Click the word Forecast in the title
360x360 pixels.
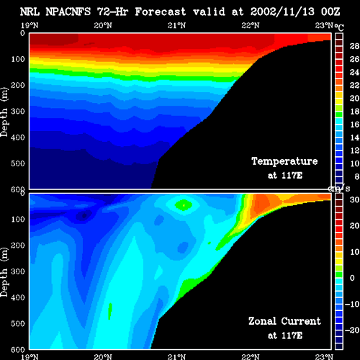point(161,12)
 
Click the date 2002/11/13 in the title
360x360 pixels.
point(282,12)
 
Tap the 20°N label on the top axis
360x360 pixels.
point(103,25)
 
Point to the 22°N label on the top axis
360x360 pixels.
point(251,25)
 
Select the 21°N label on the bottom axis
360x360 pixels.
point(176,356)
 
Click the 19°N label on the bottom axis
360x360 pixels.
point(30,356)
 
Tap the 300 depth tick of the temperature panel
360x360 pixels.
point(18,112)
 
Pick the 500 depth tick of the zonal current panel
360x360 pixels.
point(18,323)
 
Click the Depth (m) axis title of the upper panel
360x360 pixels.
point(4,112)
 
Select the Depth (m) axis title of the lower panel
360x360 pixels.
point(4,272)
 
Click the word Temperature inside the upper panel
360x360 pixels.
point(284,161)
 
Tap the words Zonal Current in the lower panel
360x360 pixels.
point(284,321)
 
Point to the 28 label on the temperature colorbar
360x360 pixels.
point(354,46)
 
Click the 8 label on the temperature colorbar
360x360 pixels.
point(356,176)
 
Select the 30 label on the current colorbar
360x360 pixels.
point(354,199)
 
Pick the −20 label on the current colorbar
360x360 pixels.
point(352,330)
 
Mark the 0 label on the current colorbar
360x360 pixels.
point(352,278)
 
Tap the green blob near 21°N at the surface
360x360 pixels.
point(184,205)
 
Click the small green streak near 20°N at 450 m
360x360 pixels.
point(110,311)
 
